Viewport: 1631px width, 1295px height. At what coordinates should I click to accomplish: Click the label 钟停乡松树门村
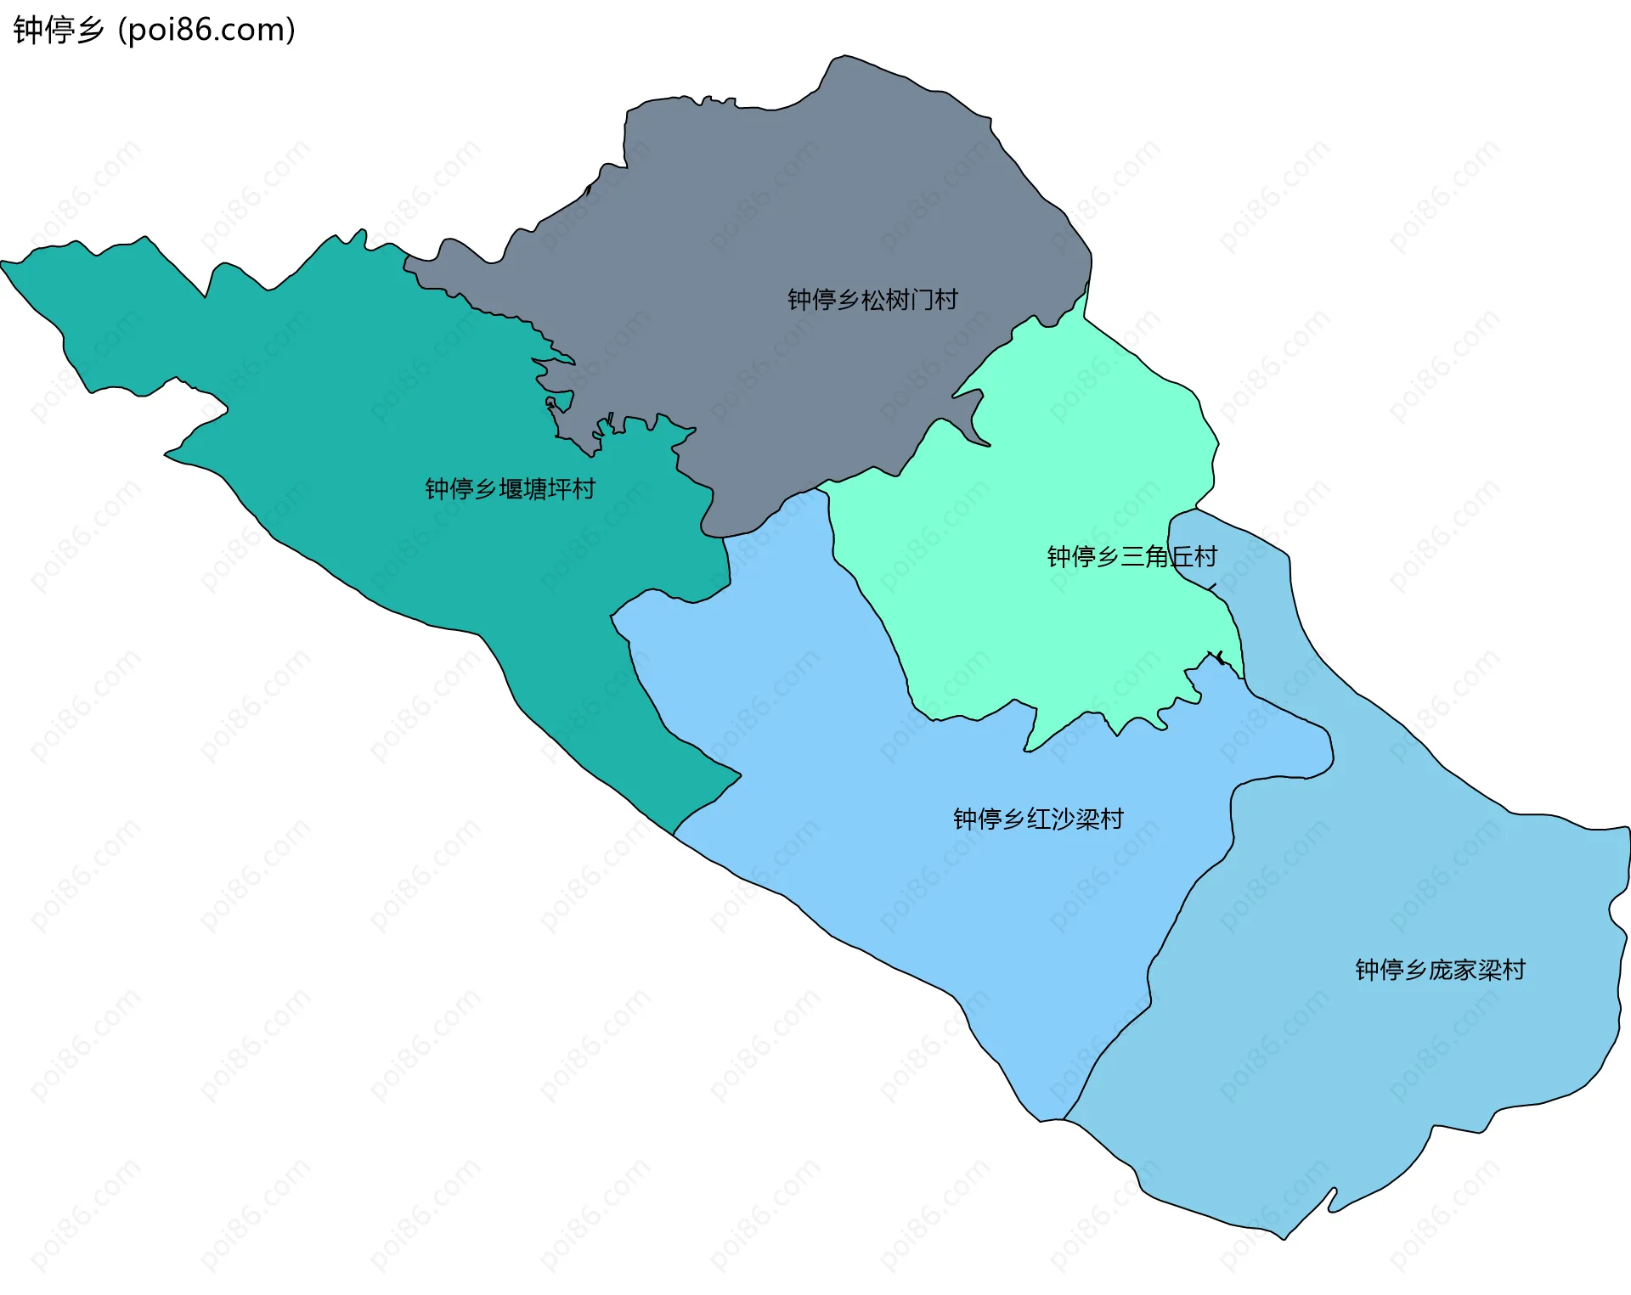pyautogui.click(x=872, y=300)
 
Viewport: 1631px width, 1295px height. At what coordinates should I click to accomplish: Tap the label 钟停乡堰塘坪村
pyautogui.click(x=510, y=489)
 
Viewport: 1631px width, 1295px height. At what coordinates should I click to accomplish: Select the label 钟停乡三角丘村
pyautogui.click(x=1132, y=557)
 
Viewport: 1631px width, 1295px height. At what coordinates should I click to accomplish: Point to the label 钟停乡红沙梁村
pyautogui.click(x=1038, y=819)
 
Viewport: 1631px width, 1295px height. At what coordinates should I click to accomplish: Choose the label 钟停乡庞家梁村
pyautogui.click(x=1440, y=970)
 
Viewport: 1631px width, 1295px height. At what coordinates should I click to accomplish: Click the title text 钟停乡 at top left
pyautogui.click(x=58, y=31)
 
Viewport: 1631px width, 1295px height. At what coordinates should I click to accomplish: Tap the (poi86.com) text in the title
pyautogui.click(x=206, y=31)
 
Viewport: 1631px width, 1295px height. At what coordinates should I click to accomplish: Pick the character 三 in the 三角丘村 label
pyautogui.click(x=1132, y=557)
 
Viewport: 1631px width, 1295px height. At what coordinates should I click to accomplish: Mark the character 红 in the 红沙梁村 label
pyautogui.click(x=1039, y=819)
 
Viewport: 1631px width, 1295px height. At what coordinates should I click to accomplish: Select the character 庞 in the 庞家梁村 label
pyautogui.click(x=1441, y=970)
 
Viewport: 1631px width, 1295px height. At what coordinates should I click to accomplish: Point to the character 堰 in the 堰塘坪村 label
pyautogui.click(x=511, y=489)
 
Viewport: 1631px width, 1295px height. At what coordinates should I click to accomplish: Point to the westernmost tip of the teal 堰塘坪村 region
pyautogui.click(x=3, y=263)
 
